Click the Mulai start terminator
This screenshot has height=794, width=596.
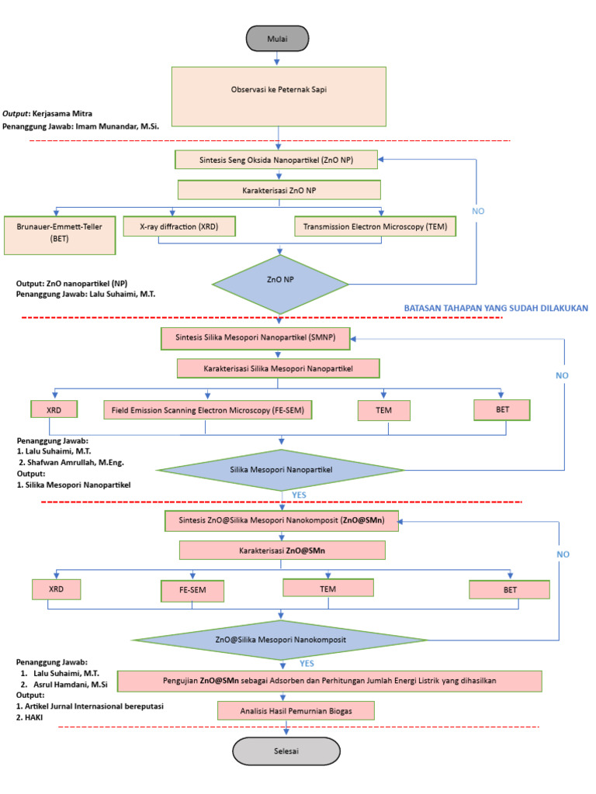coord(278,37)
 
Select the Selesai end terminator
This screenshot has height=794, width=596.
coord(287,751)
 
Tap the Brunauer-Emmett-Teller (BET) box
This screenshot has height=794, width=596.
coord(60,234)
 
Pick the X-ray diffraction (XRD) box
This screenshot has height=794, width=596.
coord(178,226)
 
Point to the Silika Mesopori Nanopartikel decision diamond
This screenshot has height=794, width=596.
coord(280,470)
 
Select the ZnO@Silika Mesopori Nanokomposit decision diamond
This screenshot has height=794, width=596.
coord(280,640)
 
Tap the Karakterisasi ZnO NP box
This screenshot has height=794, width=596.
coord(279,190)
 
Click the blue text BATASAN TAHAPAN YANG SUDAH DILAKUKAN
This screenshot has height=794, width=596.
coord(496,308)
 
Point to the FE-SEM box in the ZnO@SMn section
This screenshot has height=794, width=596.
coord(192,591)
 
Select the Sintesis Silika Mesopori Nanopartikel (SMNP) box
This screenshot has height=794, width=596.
coord(255,338)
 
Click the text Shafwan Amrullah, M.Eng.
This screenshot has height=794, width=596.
coord(80,462)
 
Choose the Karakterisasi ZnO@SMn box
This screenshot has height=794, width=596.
coord(282,550)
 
